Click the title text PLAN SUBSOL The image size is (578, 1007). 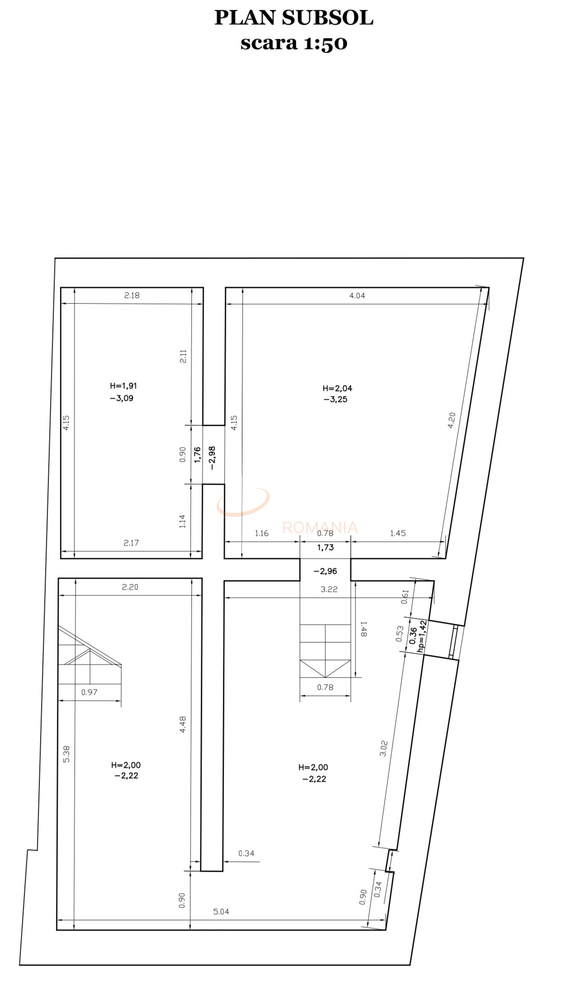click(x=294, y=18)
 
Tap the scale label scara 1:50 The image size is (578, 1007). click(x=294, y=43)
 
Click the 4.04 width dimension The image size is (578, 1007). click(x=357, y=296)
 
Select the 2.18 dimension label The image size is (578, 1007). click(x=132, y=295)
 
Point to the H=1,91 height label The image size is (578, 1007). click(x=123, y=386)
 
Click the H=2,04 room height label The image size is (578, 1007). click(x=337, y=388)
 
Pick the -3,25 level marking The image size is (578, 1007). click(x=335, y=399)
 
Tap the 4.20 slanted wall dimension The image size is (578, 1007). click(x=452, y=420)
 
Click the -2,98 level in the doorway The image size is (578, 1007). click(x=212, y=458)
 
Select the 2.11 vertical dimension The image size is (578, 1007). click(x=183, y=356)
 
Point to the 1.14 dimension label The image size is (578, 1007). click(x=182, y=521)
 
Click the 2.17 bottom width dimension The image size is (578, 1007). click(x=131, y=543)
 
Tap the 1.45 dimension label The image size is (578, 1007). click(x=398, y=534)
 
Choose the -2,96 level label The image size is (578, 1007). click(x=325, y=571)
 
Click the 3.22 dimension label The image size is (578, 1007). click(x=329, y=589)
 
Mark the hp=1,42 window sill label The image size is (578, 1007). click(x=422, y=636)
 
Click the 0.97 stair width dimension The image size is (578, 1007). click(x=89, y=692)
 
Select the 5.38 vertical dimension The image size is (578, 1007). click(x=66, y=754)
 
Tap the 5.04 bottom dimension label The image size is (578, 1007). click(x=221, y=912)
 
